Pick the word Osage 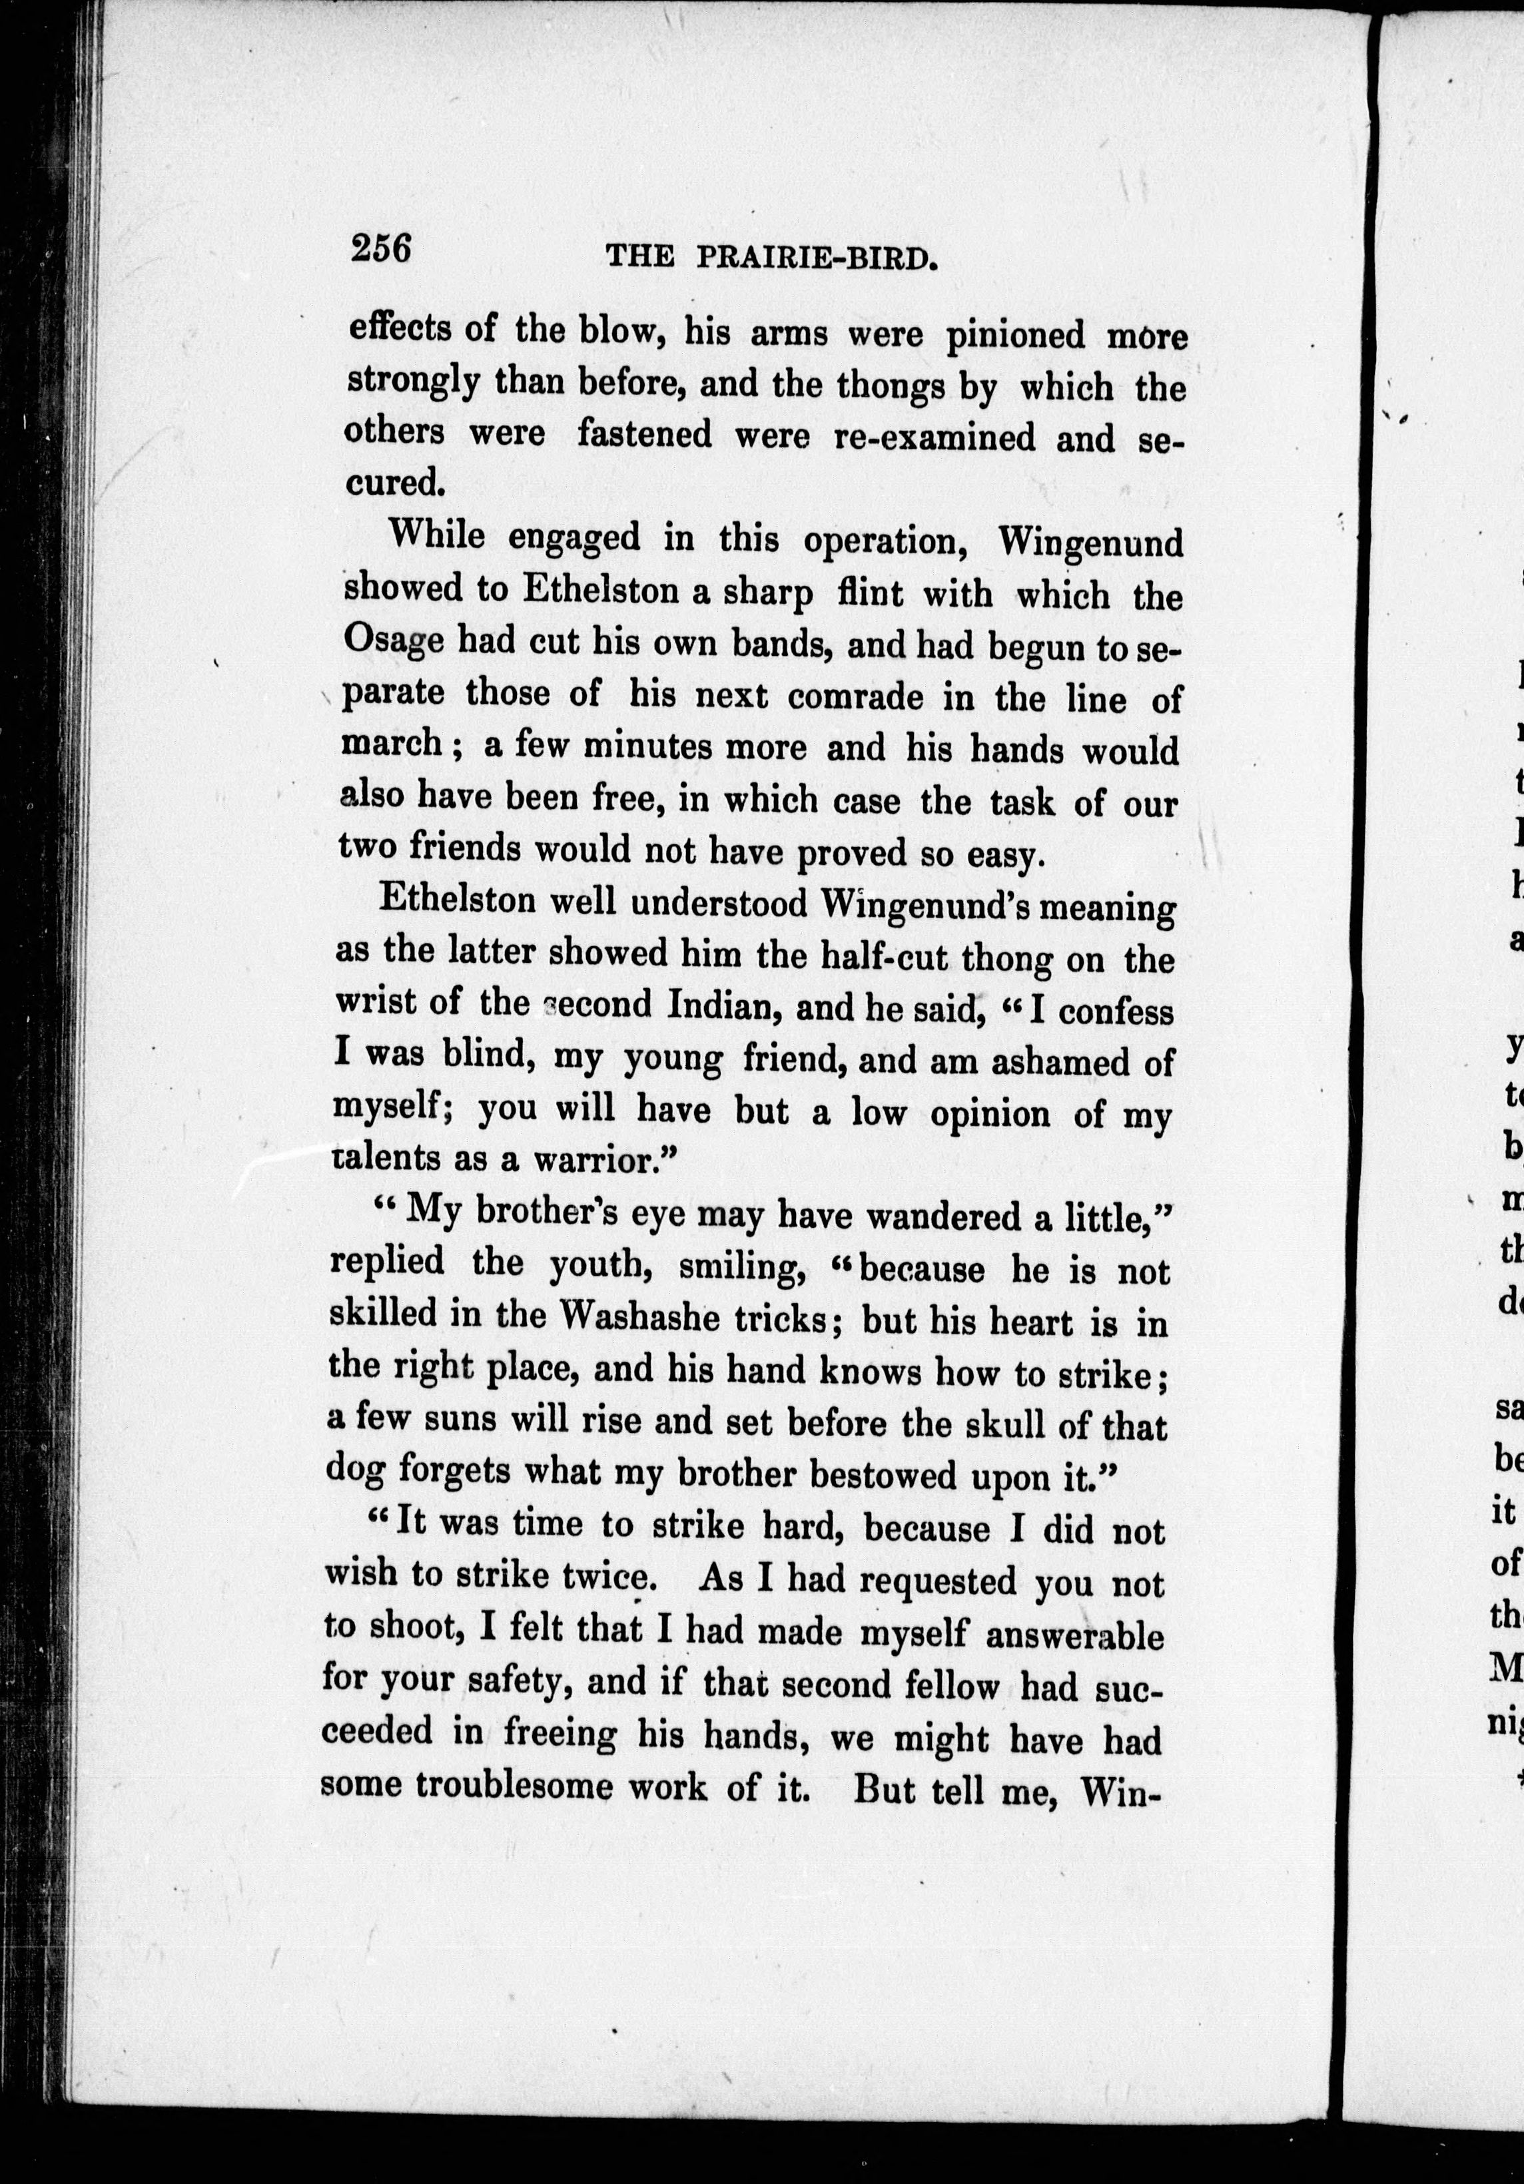[393, 642]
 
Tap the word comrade [855, 696]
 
